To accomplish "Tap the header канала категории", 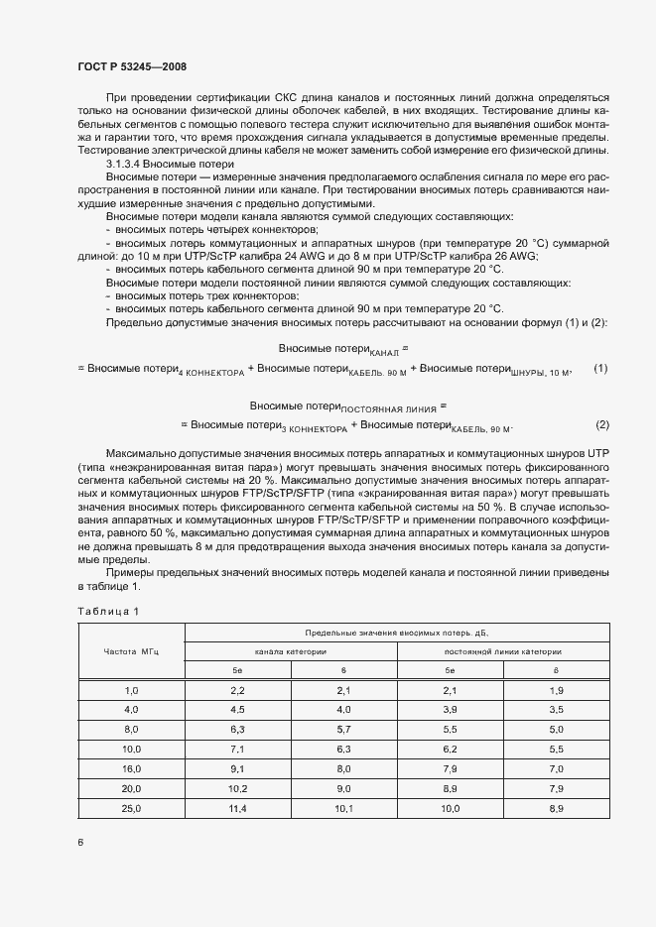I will pos(291,651).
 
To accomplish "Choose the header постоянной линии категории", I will pos(503,651).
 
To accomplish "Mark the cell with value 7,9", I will pos(450,767).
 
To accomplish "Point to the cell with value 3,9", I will pos(450,709).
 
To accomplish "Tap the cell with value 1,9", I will pos(556,689).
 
